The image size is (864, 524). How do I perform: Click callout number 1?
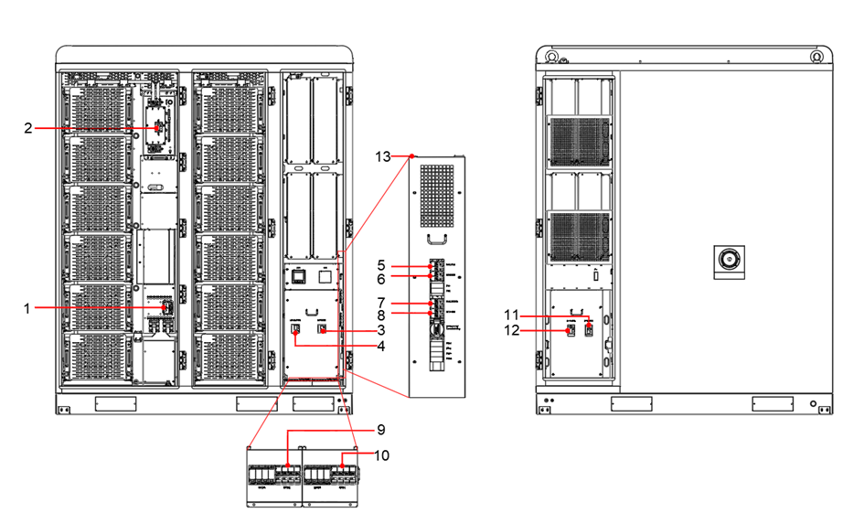[28, 308]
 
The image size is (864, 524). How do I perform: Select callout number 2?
[28, 129]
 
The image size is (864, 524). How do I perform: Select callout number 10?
[381, 454]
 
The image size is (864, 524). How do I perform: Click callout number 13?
[382, 156]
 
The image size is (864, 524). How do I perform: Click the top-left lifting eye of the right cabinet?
[553, 56]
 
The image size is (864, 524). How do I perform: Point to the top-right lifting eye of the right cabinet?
[814, 56]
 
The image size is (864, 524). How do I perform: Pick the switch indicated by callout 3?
[322, 328]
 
